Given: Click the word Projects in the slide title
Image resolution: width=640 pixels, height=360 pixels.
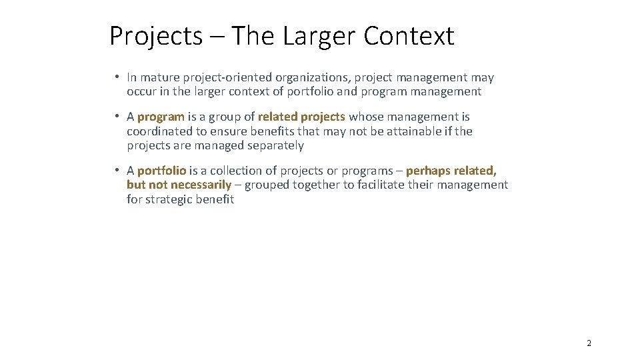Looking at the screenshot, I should pyautogui.click(x=155, y=36).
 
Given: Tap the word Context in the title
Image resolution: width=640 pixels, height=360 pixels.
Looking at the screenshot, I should pyautogui.click(x=409, y=36).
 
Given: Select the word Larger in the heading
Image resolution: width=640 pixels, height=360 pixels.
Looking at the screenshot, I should pyautogui.click(x=319, y=36).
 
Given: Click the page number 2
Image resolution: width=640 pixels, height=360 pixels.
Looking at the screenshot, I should pyautogui.click(x=589, y=343).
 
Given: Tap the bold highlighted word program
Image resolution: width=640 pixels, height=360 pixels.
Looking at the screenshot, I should pyautogui.click(x=161, y=117).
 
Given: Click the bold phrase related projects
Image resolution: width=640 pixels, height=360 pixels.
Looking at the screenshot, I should pyautogui.click(x=301, y=117).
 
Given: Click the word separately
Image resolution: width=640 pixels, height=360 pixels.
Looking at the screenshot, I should pyautogui.click(x=275, y=145).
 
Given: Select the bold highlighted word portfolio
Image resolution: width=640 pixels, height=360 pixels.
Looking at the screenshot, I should pyautogui.click(x=161, y=171).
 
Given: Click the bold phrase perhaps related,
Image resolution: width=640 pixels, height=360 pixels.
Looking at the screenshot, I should pyautogui.click(x=451, y=171).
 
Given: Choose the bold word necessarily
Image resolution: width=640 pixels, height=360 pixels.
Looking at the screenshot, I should pyautogui.click(x=201, y=185).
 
